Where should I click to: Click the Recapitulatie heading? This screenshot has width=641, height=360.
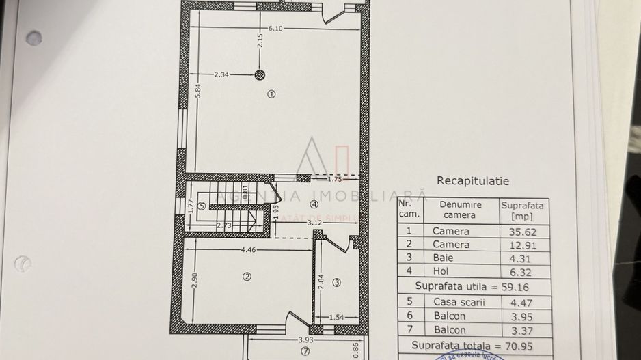[x=472, y=181]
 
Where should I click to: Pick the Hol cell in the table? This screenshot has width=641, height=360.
[x=441, y=271]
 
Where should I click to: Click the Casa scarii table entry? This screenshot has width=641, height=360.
[x=459, y=301]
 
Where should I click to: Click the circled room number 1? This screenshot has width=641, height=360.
[x=271, y=95]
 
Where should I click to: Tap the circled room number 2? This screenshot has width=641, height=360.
[x=247, y=276]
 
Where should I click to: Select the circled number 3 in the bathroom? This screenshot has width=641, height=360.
[x=336, y=282]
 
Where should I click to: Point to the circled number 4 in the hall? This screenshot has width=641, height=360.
[x=314, y=204]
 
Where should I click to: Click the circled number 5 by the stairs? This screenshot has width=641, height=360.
[x=202, y=205]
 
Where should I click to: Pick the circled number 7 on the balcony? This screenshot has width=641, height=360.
[x=305, y=352]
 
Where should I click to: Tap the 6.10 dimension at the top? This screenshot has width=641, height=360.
[x=275, y=28]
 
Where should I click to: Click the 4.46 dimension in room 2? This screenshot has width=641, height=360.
[x=249, y=250]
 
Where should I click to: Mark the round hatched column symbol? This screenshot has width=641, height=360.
[x=259, y=75]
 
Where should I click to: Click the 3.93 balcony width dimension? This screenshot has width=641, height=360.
[x=305, y=340]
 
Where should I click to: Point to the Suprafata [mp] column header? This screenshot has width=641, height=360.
[x=522, y=210]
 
